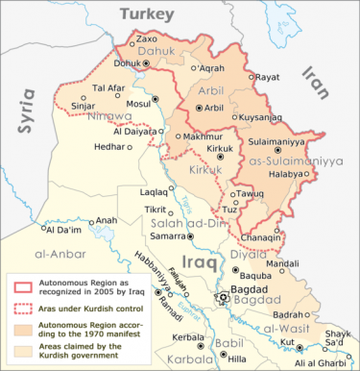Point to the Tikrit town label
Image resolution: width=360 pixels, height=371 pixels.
coord(158,209)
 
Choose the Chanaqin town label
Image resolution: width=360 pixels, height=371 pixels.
coord(261,236)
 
